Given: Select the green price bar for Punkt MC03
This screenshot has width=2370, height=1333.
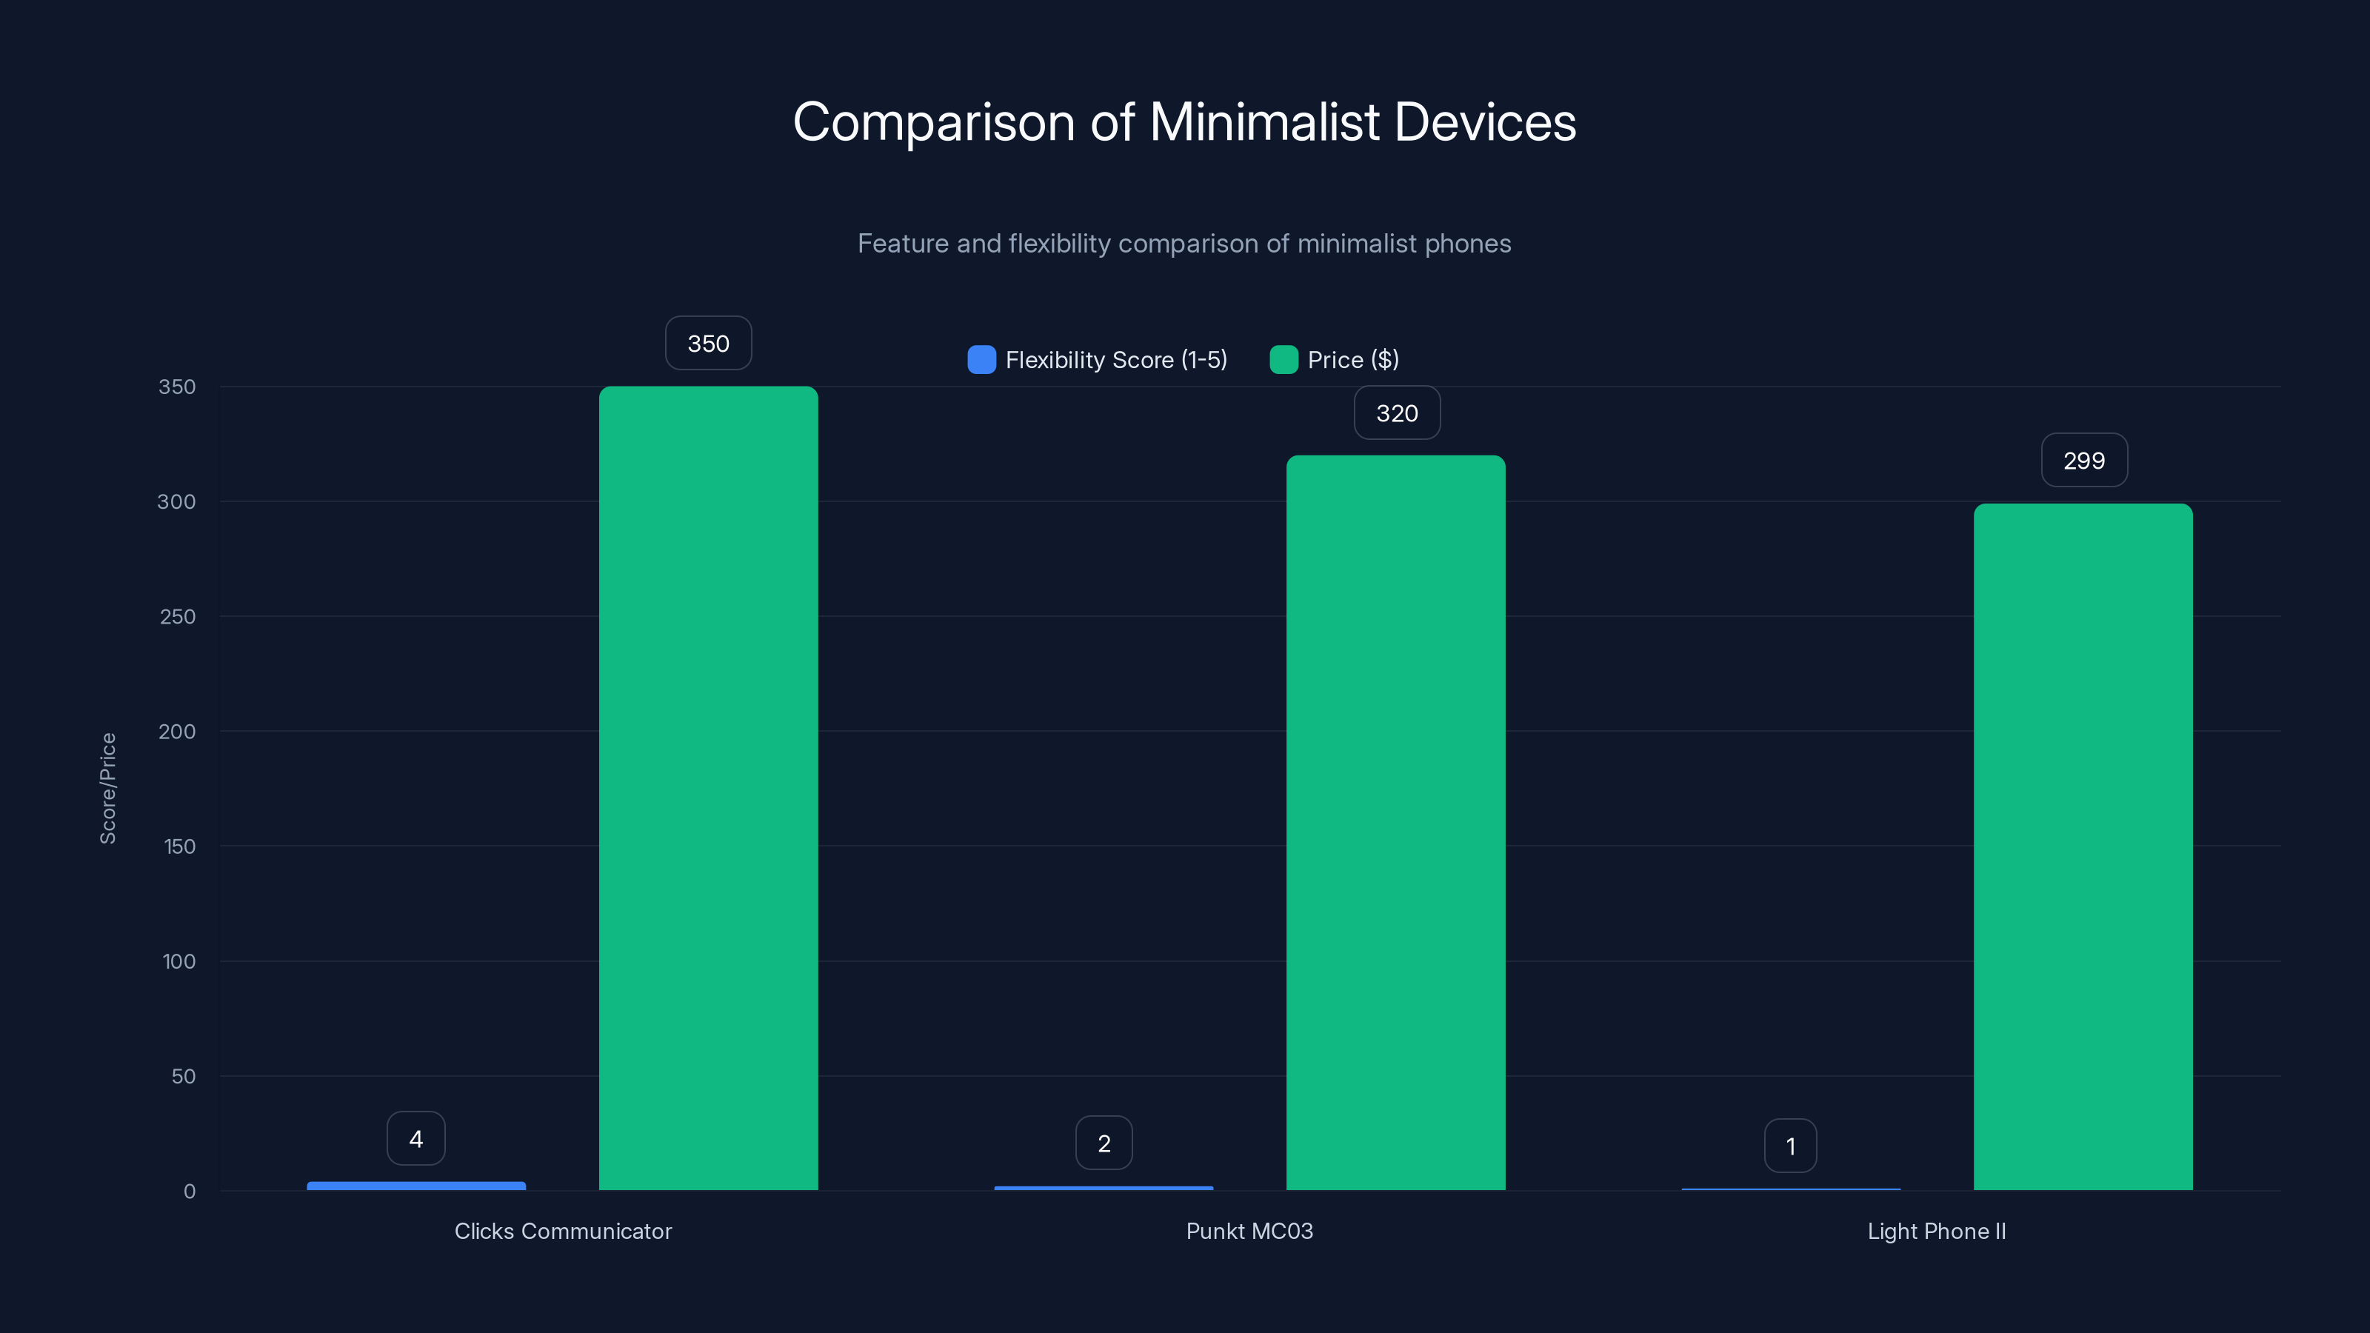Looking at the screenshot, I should [1395, 823].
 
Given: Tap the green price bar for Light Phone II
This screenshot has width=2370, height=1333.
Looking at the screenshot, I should [2083, 846].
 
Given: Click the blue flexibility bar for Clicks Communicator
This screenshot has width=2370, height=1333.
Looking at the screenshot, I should [415, 1186].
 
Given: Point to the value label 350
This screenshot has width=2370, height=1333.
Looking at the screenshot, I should [709, 343].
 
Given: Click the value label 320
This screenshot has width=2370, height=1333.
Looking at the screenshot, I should [1397, 413].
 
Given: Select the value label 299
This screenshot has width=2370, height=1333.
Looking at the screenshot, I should [2084, 460].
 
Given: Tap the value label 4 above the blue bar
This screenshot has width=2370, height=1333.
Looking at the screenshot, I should [415, 1139].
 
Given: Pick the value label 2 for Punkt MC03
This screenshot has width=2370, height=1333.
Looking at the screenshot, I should [1104, 1143].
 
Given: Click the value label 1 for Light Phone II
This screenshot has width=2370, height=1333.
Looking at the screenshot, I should [1790, 1146].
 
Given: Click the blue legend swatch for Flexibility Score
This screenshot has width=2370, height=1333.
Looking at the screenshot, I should [981, 360].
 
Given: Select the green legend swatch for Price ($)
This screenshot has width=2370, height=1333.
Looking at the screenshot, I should [1284, 360].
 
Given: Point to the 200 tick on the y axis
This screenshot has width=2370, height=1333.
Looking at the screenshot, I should [177, 732].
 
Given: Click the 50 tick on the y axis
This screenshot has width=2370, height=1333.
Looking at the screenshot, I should [183, 1076].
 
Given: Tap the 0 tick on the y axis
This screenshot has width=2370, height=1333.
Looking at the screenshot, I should [190, 1192].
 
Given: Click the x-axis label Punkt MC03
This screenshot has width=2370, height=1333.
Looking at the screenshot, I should [1249, 1231].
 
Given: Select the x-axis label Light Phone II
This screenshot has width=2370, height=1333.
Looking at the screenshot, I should [1937, 1231].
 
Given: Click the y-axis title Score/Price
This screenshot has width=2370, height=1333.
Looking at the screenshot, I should [107, 789].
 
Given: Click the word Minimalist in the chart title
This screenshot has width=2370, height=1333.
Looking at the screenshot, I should [1264, 122].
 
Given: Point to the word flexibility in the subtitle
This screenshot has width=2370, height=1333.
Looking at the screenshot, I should [1059, 244].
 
